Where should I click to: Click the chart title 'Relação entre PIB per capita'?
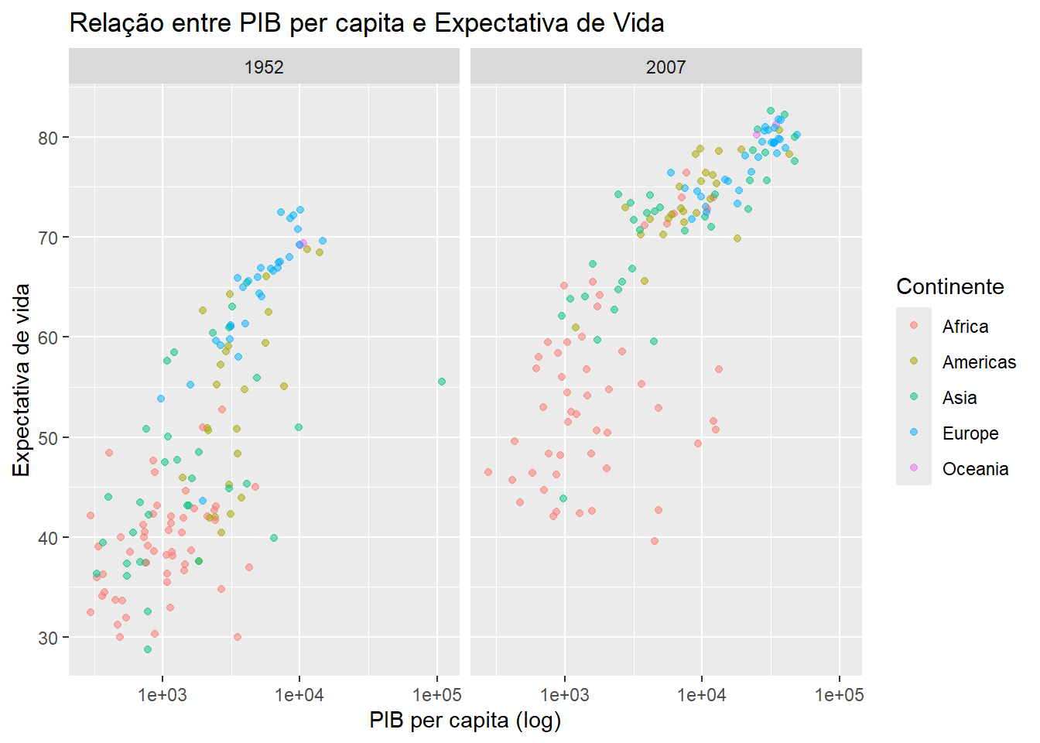coord(366,23)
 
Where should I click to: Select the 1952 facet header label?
coord(264,67)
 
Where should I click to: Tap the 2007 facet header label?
coord(665,67)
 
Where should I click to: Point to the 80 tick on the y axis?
coord(48,138)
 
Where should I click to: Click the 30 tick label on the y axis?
coord(48,638)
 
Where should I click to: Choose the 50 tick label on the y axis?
coord(48,438)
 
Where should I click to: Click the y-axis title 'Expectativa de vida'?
coord(22,380)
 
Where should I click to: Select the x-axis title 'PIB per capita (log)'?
coord(465,721)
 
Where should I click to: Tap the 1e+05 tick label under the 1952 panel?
coord(437,695)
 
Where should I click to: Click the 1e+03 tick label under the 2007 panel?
coord(564,695)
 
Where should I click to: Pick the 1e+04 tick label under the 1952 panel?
coord(299,695)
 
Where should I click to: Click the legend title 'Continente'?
coord(949,286)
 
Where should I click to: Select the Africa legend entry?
coord(965,327)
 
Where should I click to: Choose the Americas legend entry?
coord(979,362)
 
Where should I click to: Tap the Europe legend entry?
coord(970,433)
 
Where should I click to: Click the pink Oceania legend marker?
coord(914,468)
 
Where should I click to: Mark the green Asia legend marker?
coord(914,397)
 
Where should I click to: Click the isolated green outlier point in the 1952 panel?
coord(442,382)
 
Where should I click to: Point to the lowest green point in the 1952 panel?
coord(148,649)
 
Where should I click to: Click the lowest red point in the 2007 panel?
coord(655,541)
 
